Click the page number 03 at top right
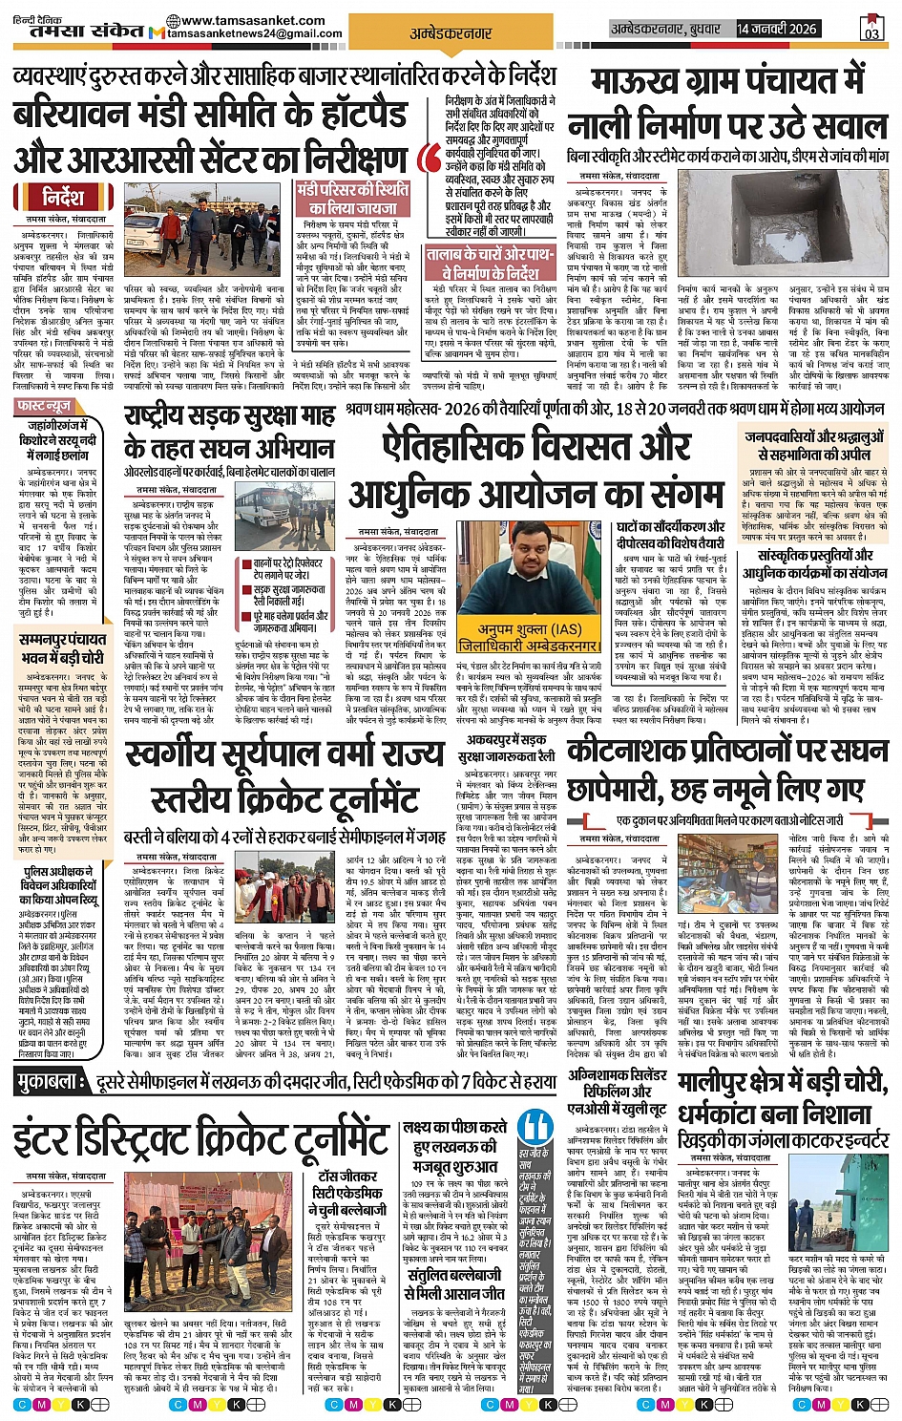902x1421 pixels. coord(871,30)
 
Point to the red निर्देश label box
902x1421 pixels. coord(63,199)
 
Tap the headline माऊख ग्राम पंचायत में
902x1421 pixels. coord(727,82)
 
